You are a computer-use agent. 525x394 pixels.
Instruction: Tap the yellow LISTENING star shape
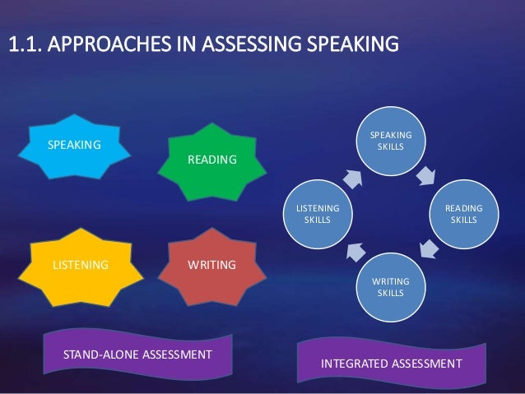point(81,266)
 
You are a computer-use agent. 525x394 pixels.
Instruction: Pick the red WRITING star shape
point(211,266)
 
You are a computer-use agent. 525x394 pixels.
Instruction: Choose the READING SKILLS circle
point(464,215)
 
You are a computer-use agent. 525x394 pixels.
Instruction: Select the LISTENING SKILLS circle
point(317,215)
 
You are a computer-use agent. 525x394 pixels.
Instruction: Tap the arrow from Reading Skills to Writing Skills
point(429,247)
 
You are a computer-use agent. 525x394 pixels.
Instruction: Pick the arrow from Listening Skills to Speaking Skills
point(353,178)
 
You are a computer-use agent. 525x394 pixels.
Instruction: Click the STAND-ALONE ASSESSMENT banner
point(137,354)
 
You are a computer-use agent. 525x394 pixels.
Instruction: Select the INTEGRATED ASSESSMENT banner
point(391,363)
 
